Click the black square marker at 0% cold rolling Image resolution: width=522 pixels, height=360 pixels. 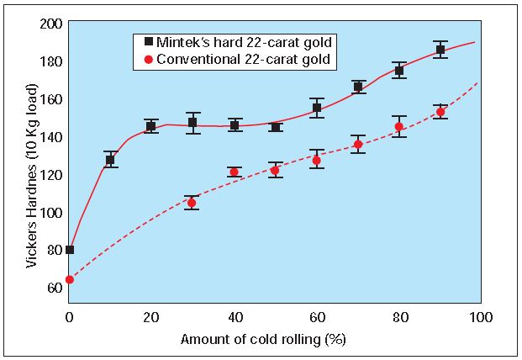click(x=70, y=250)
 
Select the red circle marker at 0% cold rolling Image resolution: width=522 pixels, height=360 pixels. click(x=70, y=279)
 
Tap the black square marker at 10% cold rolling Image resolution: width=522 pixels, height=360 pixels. click(x=110, y=160)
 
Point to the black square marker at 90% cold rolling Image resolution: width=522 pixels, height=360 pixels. click(x=440, y=50)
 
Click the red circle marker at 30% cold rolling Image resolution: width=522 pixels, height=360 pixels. click(x=192, y=203)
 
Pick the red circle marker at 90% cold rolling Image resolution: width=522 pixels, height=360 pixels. click(x=440, y=112)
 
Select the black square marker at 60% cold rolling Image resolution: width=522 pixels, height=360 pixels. click(x=317, y=108)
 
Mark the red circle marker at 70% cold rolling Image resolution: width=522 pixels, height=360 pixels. click(x=358, y=145)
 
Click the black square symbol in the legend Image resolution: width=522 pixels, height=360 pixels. click(x=149, y=40)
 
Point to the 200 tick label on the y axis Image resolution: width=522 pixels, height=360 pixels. click(x=51, y=24)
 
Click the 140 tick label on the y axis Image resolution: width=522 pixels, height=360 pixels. click(x=51, y=136)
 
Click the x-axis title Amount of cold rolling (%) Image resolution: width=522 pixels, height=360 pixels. click(x=274, y=340)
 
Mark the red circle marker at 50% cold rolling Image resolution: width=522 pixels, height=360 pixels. click(x=275, y=170)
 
